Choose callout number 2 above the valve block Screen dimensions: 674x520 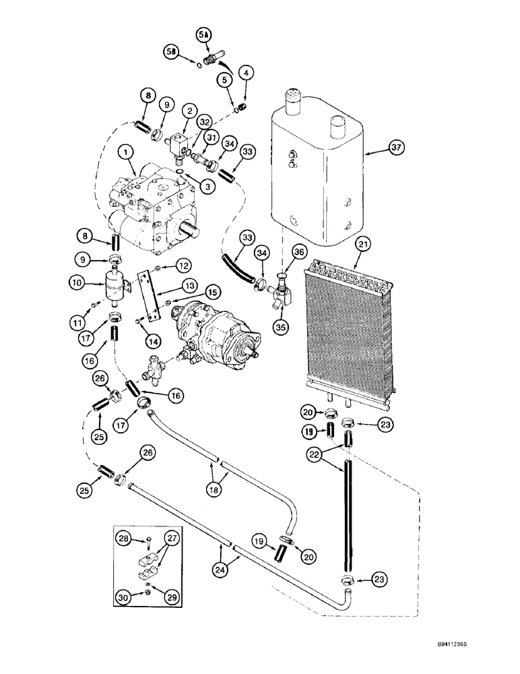(190, 111)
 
